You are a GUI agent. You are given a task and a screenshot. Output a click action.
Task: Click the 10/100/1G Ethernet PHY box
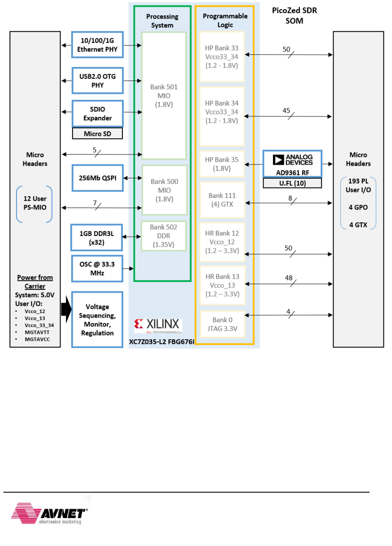tap(97, 45)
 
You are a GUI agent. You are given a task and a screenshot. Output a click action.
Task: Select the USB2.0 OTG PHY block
tap(97, 80)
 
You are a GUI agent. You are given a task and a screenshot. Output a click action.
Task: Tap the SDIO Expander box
tap(97, 114)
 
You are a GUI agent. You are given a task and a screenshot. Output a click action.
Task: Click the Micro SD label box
tap(97, 134)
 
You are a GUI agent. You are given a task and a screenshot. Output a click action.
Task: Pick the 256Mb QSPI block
tap(97, 178)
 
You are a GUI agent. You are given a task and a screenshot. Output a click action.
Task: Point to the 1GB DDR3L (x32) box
tap(97, 238)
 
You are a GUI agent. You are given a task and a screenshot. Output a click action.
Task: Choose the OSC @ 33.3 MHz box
tap(97, 269)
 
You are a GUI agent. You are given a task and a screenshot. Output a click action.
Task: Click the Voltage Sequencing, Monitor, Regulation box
tap(97, 320)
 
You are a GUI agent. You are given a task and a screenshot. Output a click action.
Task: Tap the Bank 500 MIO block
tap(164, 190)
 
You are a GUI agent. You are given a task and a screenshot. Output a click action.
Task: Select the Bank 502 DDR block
tap(164, 236)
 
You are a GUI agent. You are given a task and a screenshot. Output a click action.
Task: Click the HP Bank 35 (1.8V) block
tap(222, 164)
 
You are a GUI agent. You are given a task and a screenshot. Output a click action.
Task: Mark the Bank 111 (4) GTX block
tap(222, 200)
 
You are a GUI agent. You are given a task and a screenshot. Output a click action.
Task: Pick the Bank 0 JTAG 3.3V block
tap(222, 324)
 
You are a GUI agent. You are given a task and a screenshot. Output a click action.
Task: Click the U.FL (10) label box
tap(292, 183)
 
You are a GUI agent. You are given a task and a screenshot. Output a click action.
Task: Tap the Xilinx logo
tap(158, 325)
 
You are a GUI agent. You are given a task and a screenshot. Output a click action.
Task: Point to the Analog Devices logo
tap(293, 160)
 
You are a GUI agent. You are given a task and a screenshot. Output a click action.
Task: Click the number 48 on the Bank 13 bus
tap(289, 278)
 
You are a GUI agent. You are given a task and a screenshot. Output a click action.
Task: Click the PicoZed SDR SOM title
tap(294, 16)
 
